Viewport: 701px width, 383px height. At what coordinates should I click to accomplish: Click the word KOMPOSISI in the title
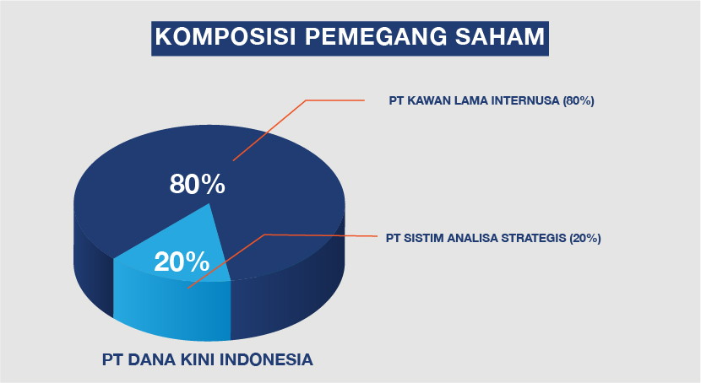click(x=226, y=36)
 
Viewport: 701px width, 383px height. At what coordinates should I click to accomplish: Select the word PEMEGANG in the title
click(x=376, y=36)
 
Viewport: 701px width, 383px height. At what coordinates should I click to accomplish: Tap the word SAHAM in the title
click(x=500, y=36)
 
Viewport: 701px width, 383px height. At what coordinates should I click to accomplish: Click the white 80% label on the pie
click(x=197, y=184)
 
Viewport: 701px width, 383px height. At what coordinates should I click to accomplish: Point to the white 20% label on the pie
click(x=182, y=262)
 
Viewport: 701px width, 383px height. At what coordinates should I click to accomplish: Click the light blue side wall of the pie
click(x=172, y=308)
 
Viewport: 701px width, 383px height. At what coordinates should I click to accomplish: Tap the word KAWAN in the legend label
click(x=429, y=100)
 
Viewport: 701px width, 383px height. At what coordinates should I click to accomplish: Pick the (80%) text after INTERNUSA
click(x=579, y=100)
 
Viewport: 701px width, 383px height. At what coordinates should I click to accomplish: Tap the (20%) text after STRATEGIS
click(x=585, y=238)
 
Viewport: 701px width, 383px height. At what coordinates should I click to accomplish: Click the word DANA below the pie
click(x=151, y=359)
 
